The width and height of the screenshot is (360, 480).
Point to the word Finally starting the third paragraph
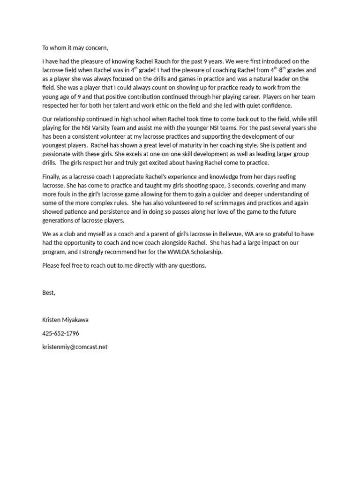(x=52, y=177)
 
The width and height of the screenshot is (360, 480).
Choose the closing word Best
(x=49, y=293)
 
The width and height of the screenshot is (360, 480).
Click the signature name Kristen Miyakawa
(x=65, y=320)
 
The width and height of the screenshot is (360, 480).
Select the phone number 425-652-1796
(x=60, y=334)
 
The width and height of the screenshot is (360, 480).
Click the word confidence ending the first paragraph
(x=275, y=105)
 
